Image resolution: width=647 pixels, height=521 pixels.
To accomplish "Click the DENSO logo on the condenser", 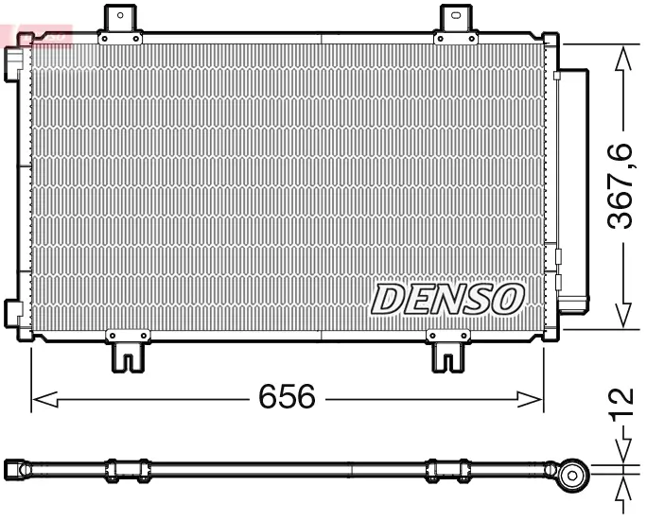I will click(x=447, y=299).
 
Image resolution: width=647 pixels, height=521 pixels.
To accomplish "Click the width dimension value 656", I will click(x=287, y=398).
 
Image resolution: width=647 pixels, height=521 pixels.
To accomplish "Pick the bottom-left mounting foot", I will click(x=127, y=352).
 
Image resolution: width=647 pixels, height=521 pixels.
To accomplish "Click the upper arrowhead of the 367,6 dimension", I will click(x=621, y=59).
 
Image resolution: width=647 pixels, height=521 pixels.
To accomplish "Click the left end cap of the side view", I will click(x=15, y=469).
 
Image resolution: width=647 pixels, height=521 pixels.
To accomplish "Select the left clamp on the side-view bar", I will click(x=127, y=470).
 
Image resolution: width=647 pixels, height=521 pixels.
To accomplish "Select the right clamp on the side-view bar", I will click(x=447, y=470).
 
